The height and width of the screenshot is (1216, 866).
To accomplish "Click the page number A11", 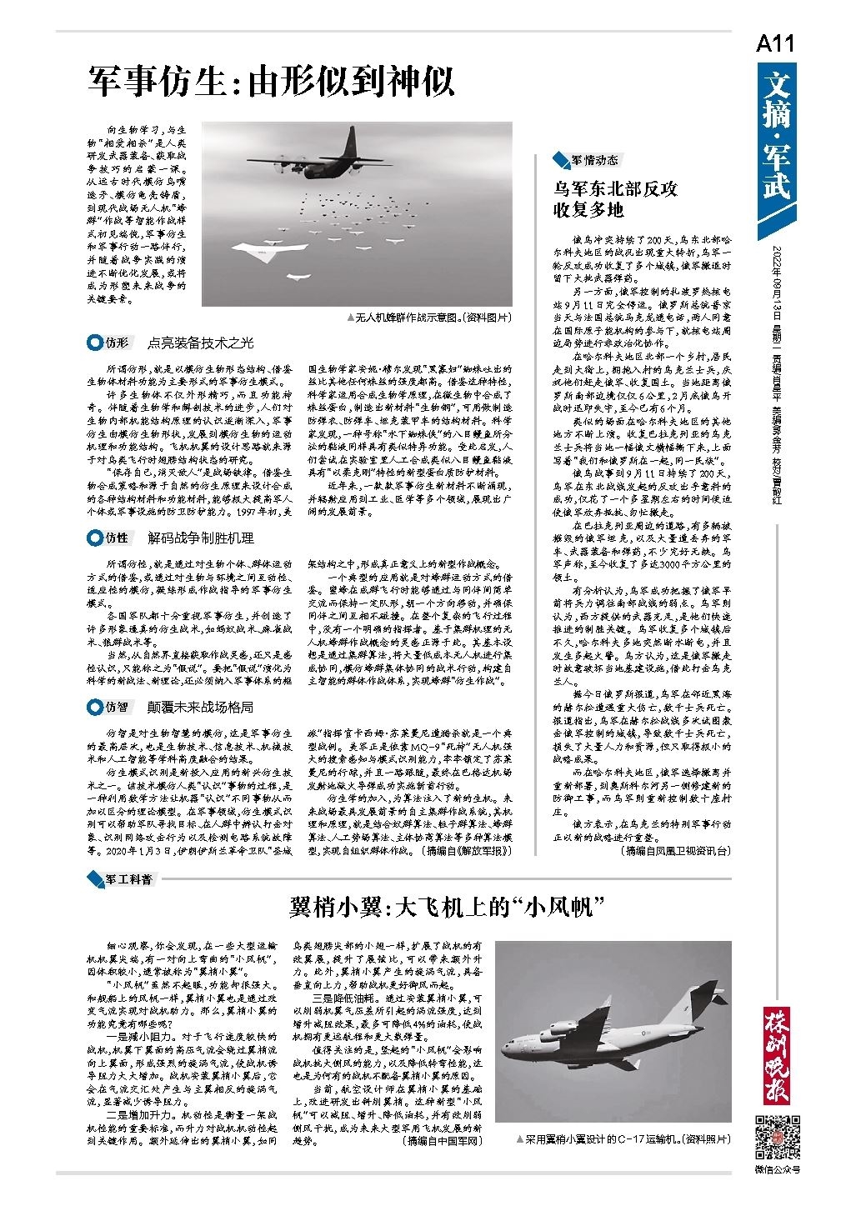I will point(774,44).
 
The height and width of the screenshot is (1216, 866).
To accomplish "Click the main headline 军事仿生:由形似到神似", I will point(272,83).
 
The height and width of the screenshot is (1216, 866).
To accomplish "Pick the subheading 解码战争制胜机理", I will point(200,538).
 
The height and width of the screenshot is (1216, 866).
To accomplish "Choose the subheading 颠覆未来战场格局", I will point(200,707).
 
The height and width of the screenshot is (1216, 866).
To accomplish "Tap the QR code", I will point(777,1135).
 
